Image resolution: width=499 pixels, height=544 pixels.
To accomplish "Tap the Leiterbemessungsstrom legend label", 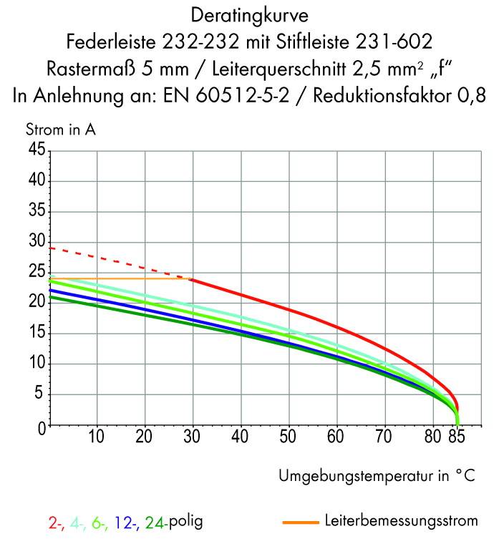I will click(401, 521).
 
